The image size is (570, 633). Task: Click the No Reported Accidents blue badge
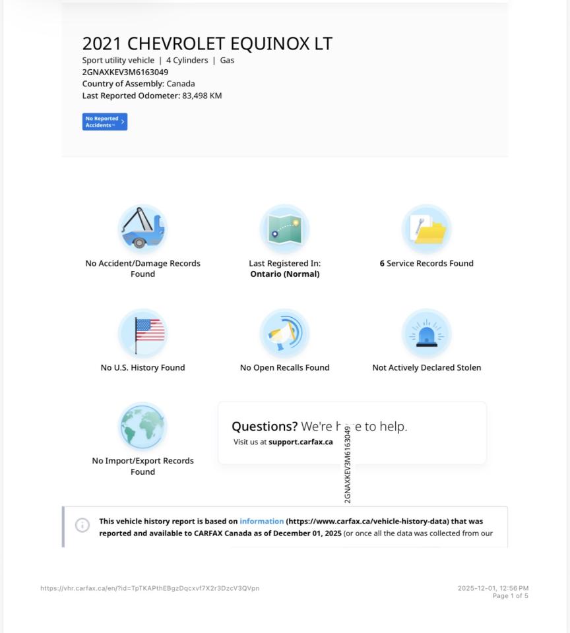pos(104,122)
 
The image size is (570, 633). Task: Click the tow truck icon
pos(142,228)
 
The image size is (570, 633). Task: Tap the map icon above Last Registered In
pos(284,228)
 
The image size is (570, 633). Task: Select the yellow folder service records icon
pos(427,229)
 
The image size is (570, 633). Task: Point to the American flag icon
pos(142,333)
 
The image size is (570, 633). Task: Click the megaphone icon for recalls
pos(284,333)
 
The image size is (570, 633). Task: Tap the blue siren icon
pos(427,333)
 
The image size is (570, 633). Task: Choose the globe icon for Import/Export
pos(142,427)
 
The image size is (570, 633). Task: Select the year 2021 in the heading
pos(102,44)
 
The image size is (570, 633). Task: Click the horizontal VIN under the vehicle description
pos(125,72)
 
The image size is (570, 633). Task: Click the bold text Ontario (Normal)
pos(284,274)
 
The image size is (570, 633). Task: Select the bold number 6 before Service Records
pos(382,264)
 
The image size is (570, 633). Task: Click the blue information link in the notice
pos(261,522)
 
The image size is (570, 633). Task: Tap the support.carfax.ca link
pos(300,442)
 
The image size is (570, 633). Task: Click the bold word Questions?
pos(265,427)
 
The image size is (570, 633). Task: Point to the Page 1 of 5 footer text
pos(510,596)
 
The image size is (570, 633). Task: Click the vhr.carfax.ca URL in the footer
pos(150,588)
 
